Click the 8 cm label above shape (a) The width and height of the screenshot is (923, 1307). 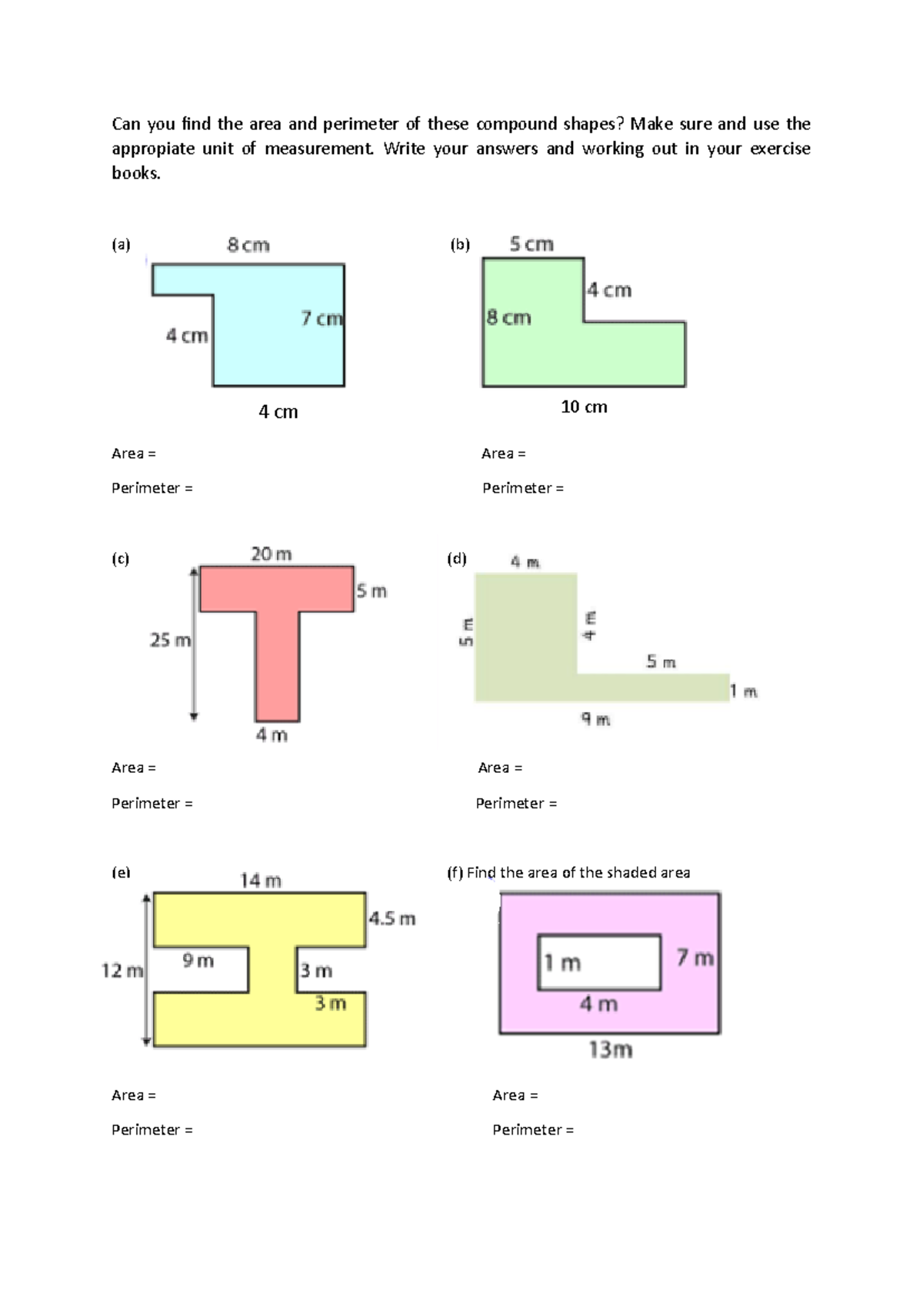tap(248, 246)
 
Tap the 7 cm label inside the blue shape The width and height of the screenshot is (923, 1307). tap(322, 318)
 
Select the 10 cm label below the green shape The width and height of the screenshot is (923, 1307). tap(584, 407)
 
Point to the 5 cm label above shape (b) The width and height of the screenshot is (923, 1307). tap(531, 244)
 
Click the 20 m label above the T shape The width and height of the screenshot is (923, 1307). tap(272, 554)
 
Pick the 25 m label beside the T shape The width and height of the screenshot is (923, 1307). tap(170, 640)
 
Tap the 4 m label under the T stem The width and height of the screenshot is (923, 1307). tap(272, 736)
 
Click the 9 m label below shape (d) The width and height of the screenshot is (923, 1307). tap(595, 720)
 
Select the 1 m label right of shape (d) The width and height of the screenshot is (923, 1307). tap(743, 691)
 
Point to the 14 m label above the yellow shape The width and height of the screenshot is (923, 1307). tap(261, 881)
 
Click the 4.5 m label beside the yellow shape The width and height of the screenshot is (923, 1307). tap(392, 918)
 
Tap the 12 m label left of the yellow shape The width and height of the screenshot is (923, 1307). tap(122, 971)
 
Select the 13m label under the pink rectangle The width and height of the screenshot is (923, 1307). tap(611, 1050)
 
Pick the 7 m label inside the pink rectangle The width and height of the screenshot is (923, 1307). tap(695, 958)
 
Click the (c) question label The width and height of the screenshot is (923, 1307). tap(121, 559)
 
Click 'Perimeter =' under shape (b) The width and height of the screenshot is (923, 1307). tap(523, 488)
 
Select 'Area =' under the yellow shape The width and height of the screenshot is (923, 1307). tap(134, 1095)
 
